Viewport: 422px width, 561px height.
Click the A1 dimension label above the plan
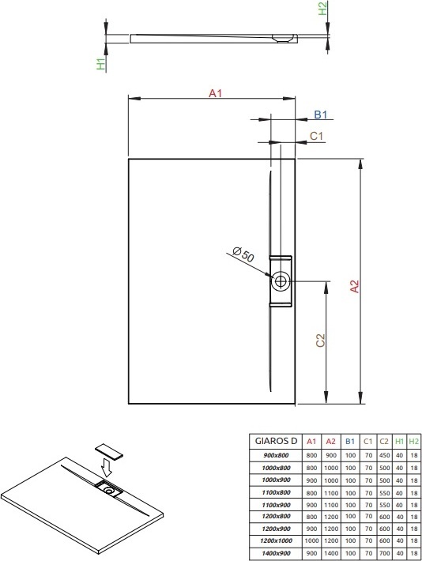pyautogui.click(x=216, y=93)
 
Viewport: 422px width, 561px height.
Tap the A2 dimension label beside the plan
pyautogui.click(x=354, y=286)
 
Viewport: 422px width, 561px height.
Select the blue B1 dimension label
pyautogui.click(x=321, y=115)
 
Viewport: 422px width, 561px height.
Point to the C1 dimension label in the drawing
pyautogui.click(x=316, y=137)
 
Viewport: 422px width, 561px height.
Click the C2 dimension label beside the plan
pyautogui.click(x=320, y=341)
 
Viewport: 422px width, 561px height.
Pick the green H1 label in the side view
pyautogui.click(x=102, y=63)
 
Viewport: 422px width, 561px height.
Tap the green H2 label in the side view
pyautogui.click(x=322, y=8)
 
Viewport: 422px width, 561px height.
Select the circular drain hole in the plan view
pyautogui.click(x=281, y=281)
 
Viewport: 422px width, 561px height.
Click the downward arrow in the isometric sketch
pyautogui.click(x=106, y=467)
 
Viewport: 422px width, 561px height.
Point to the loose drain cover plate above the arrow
pyautogui.click(x=109, y=451)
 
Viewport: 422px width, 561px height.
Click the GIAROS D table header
pyautogui.click(x=276, y=441)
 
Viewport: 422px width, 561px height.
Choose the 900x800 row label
pyautogui.click(x=276, y=455)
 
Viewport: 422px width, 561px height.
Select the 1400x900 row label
pyautogui.click(x=276, y=553)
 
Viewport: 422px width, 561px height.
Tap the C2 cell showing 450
pyautogui.click(x=384, y=455)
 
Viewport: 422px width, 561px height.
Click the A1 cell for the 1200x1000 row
pyautogui.click(x=311, y=541)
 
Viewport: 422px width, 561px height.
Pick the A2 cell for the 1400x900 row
pyautogui.click(x=331, y=553)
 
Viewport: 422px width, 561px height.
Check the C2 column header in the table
pyautogui.click(x=384, y=442)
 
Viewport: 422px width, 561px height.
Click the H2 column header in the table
pyautogui.click(x=414, y=442)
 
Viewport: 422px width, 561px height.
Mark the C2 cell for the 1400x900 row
pyautogui.click(x=384, y=553)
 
